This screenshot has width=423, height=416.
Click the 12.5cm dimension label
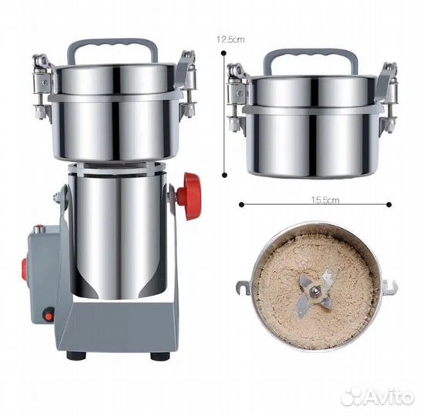230,39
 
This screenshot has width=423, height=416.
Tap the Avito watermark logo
377,396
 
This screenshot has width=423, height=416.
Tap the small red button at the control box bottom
49,315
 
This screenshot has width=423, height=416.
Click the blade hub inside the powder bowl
315,291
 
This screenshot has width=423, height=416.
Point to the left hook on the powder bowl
243,288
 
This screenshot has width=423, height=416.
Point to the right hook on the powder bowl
390,287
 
